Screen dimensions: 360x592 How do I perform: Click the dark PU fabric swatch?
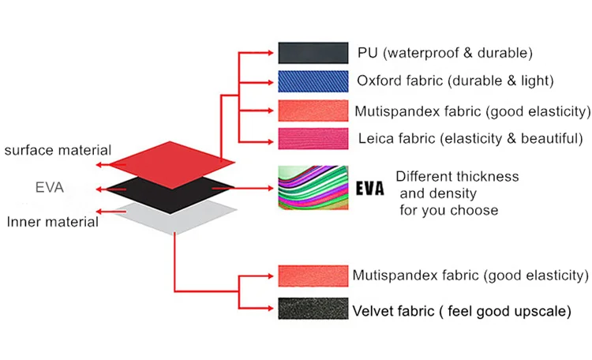(x=313, y=53)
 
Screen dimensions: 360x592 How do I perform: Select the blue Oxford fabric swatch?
(x=313, y=81)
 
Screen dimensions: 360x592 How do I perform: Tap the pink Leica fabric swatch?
(x=313, y=138)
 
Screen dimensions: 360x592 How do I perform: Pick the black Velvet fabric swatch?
(x=313, y=309)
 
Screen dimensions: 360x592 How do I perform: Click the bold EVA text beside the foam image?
(x=369, y=189)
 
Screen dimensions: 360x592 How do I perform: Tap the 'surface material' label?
(x=58, y=150)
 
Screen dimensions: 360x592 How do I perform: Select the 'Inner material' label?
(x=52, y=222)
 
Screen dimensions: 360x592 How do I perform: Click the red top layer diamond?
(x=171, y=162)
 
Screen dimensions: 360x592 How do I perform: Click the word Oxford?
(x=378, y=81)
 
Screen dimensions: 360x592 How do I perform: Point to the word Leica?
(x=375, y=138)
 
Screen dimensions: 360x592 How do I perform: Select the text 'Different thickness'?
(x=457, y=176)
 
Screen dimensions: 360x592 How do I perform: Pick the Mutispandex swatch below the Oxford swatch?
(x=313, y=110)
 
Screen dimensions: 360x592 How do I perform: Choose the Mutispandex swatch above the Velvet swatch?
(x=313, y=276)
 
